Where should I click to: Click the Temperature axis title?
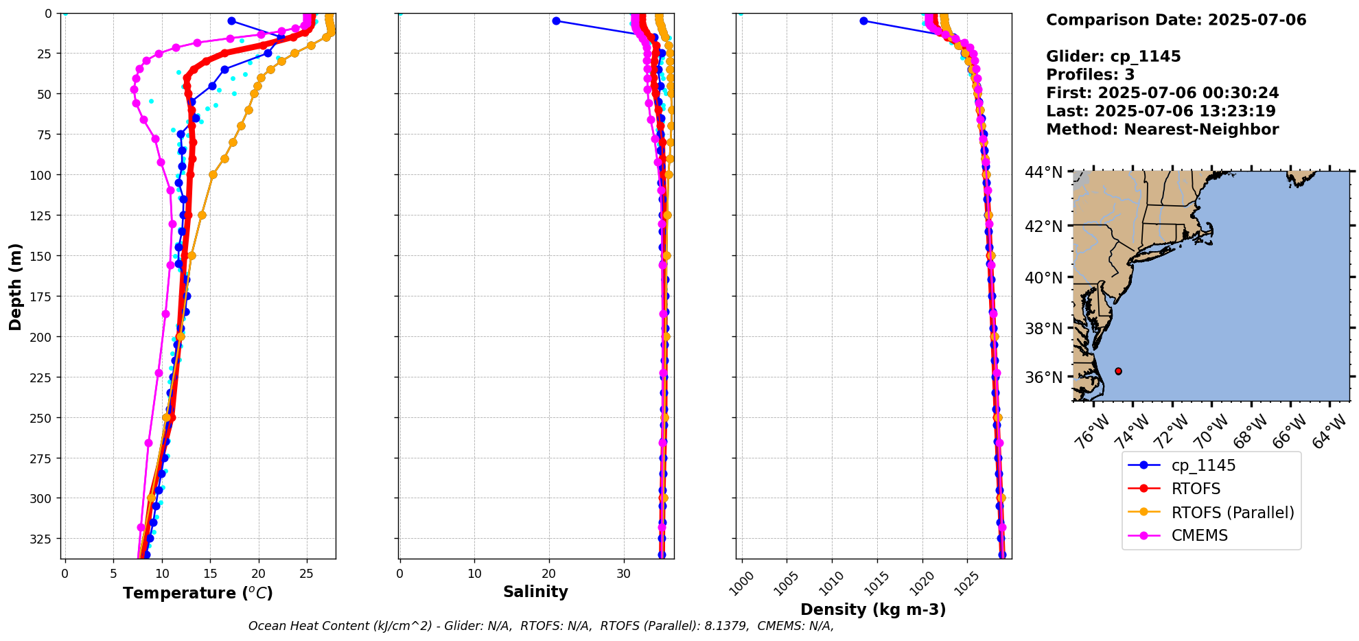[198, 593]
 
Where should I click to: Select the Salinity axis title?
[535, 592]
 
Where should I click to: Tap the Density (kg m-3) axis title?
[873, 609]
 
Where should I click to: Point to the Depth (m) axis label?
[15, 286]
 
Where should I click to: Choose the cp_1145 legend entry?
[1203, 465]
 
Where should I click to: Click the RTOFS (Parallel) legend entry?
[1232, 513]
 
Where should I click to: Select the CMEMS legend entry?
[1199, 535]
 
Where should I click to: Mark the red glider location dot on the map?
[1118, 371]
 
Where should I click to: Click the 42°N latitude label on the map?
[1043, 226]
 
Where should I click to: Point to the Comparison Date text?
[1176, 20]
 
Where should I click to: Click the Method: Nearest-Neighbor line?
[1162, 130]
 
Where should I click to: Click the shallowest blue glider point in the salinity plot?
[556, 21]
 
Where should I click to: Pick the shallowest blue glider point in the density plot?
[863, 21]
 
